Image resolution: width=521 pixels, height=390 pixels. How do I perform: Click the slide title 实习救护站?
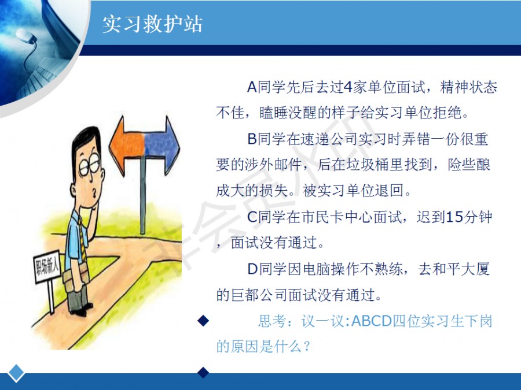[x=152, y=24]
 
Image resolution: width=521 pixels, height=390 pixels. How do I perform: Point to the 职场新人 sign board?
[x=47, y=266]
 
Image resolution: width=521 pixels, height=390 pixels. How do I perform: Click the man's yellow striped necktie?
[x=82, y=239]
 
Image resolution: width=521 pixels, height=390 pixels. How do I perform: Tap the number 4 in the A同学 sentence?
[x=347, y=88]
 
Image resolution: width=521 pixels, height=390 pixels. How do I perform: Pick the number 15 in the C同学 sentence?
[x=454, y=217]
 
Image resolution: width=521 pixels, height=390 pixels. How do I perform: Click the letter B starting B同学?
[x=252, y=139]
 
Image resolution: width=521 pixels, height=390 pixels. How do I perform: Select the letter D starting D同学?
[x=252, y=269]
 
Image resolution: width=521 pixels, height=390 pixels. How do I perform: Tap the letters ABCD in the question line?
[x=372, y=321]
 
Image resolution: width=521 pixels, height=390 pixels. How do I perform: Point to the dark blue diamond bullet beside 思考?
[x=203, y=321]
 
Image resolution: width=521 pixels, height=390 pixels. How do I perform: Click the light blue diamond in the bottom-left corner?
[x=16, y=373]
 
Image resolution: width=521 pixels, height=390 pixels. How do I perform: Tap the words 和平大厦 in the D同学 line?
[x=454, y=269]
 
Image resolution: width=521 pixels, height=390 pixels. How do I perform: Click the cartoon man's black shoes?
[x=82, y=310]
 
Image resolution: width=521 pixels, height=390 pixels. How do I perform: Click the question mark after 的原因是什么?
[x=307, y=347]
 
